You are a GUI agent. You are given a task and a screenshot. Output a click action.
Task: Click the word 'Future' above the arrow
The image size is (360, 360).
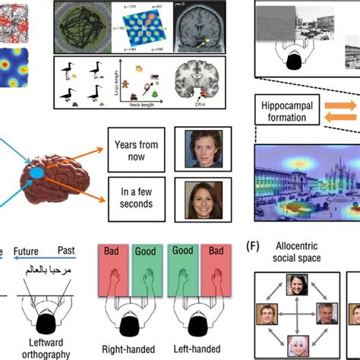[x=27, y=250]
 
